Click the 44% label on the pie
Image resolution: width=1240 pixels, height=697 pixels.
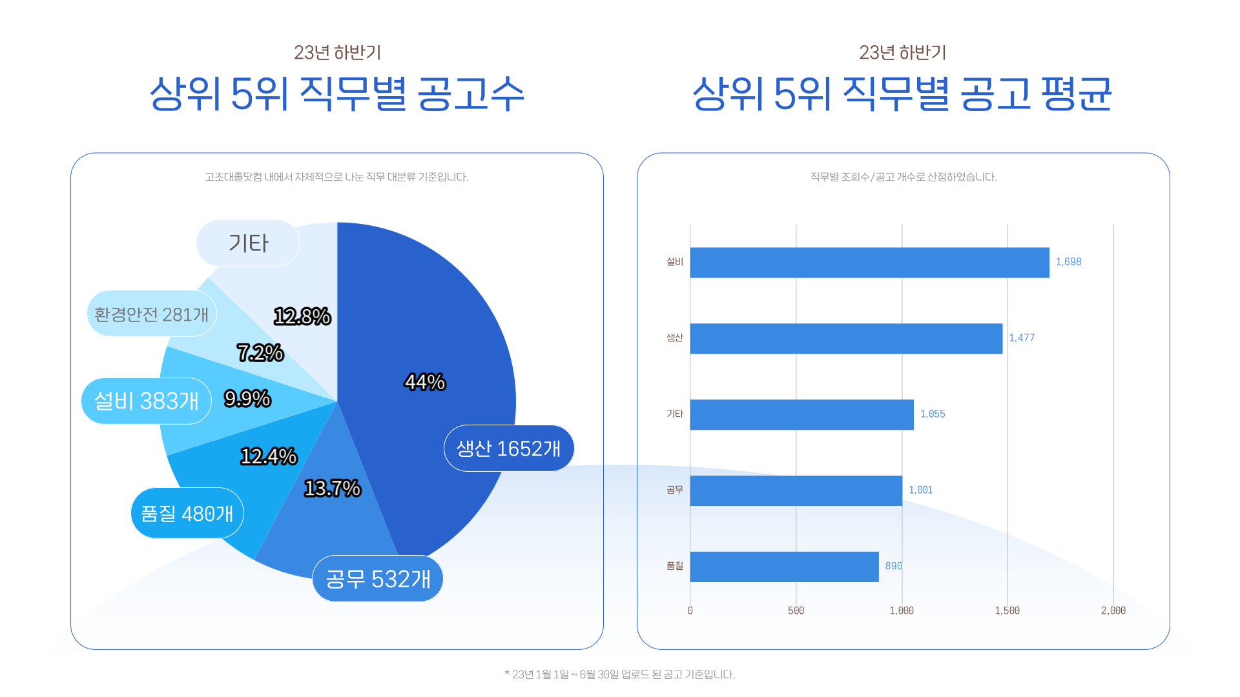(x=424, y=382)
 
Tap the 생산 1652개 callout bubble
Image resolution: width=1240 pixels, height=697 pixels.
(x=509, y=448)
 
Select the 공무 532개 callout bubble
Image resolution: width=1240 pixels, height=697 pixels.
(x=378, y=579)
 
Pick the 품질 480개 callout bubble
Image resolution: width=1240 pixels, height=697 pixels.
(x=187, y=513)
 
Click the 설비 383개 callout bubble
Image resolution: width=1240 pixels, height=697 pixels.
(x=147, y=401)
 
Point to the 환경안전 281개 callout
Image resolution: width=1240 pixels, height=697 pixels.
(x=152, y=314)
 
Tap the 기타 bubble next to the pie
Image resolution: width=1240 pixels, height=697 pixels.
(x=248, y=243)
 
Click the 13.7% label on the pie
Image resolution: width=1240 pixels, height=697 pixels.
(x=332, y=488)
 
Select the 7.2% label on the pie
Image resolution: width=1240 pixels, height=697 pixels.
(x=260, y=352)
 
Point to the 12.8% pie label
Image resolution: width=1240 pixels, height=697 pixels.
(x=302, y=316)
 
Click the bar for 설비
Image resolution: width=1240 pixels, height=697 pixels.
(x=869, y=263)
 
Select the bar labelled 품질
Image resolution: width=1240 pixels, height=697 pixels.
(x=784, y=567)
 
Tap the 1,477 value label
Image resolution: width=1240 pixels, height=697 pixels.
(x=1022, y=338)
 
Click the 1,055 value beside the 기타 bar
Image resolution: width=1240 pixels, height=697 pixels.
(x=932, y=414)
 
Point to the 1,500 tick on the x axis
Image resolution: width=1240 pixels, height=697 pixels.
(x=1007, y=611)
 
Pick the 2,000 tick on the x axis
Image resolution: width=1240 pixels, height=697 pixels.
(x=1113, y=611)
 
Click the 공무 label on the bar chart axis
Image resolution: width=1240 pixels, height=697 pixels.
(x=674, y=490)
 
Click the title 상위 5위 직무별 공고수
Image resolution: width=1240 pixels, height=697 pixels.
(x=336, y=94)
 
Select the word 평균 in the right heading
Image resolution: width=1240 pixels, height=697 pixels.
(x=1076, y=94)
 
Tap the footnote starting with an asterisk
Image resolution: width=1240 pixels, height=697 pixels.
(x=619, y=674)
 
